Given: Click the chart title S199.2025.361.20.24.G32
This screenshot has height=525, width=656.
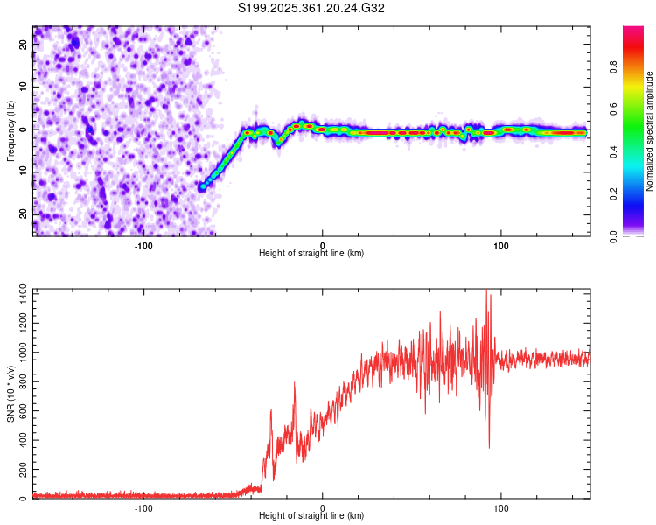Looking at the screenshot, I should click(311, 8).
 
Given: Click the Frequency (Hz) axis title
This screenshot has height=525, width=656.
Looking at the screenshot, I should click(10, 132).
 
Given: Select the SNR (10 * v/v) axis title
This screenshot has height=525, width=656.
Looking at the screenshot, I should click(10, 395).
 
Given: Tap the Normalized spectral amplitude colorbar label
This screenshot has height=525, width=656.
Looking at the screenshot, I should click(649, 132).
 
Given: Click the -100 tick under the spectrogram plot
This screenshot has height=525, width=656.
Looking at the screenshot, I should click(143, 245).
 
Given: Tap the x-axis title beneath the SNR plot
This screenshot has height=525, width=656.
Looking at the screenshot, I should click(311, 516).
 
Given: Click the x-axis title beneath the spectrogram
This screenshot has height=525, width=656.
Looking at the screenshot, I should click(311, 254).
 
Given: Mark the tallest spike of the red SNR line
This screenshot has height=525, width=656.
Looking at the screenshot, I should click(486, 291).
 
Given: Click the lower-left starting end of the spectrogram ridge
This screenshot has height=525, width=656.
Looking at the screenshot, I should click(203, 186).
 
